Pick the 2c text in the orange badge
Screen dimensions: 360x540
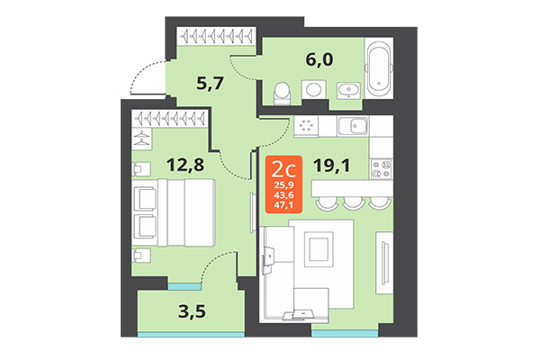coord(284,167)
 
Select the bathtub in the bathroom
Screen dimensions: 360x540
coord(379,67)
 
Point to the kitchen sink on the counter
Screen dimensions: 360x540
coord(356,126)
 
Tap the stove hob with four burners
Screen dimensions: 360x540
coord(381,167)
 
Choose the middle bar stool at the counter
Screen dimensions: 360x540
coord(351,201)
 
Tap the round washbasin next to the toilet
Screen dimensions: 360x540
coord(313,90)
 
